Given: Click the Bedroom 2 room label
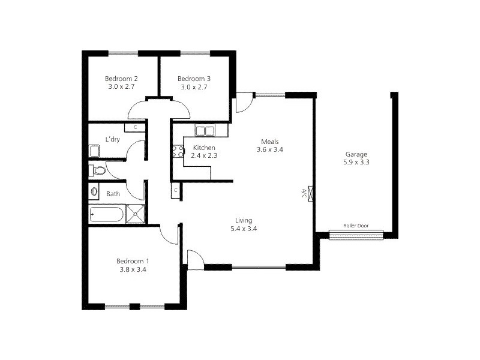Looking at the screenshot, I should click(x=122, y=79).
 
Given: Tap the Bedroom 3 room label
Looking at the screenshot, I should click(x=194, y=79).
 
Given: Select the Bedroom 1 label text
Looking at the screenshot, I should click(x=133, y=261).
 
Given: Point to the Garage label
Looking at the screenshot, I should click(x=356, y=154).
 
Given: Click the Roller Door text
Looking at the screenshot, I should click(x=355, y=226).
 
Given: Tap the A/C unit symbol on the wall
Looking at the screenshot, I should click(x=308, y=193).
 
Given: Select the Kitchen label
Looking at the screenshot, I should click(x=204, y=148).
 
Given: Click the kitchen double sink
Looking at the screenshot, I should click(x=205, y=131).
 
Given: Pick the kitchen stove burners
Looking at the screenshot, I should click(x=178, y=151).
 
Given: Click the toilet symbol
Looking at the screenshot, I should click(x=97, y=171).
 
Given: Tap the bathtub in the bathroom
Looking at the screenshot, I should click(x=107, y=214).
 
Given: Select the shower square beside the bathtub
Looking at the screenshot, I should click(x=136, y=214).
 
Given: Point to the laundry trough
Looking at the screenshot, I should click(x=95, y=150).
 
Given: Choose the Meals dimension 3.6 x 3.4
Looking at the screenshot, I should click(x=269, y=149).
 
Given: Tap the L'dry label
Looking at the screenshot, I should click(x=112, y=139).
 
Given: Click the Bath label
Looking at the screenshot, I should click(x=113, y=194).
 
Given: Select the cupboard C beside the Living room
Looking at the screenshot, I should click(x=176, y=191).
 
